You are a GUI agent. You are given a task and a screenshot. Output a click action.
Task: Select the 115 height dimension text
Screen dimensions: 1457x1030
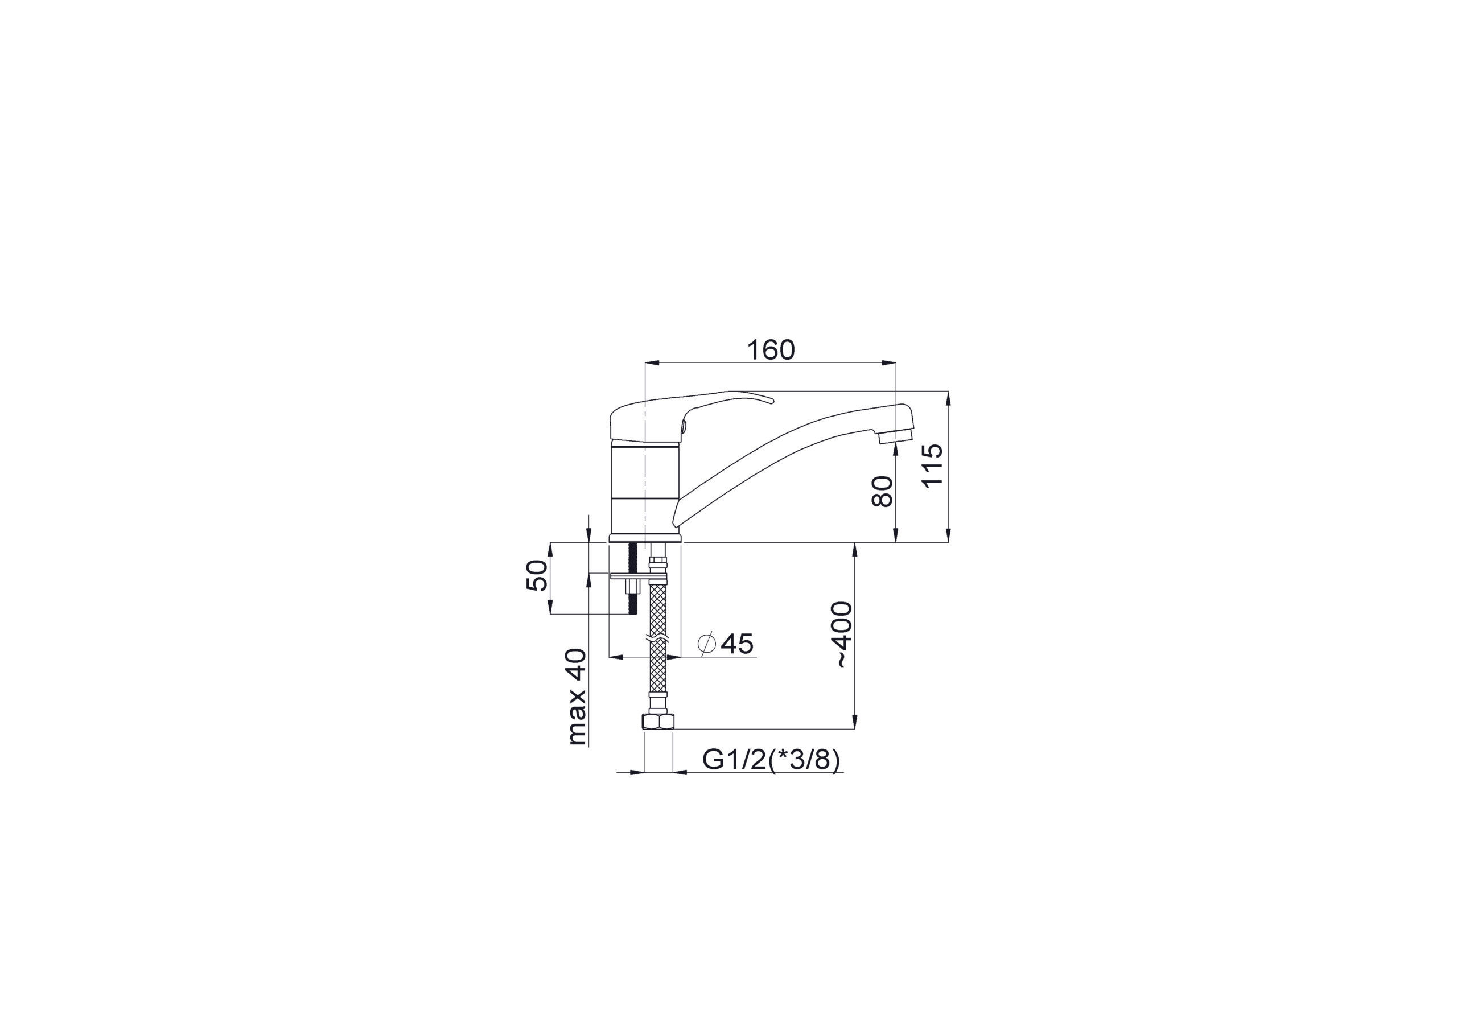(932, 465)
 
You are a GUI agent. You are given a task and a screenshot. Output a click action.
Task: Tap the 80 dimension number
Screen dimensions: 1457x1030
(882, 492)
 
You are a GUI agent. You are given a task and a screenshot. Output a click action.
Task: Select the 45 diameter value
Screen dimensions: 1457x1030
(738, 644)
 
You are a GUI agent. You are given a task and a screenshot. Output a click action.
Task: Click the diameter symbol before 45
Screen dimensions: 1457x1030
(706, 644)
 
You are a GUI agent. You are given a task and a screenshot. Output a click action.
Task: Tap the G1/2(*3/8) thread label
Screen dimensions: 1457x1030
(771, 760)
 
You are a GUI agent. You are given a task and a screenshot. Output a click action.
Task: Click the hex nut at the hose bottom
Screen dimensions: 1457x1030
(658, 721)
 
